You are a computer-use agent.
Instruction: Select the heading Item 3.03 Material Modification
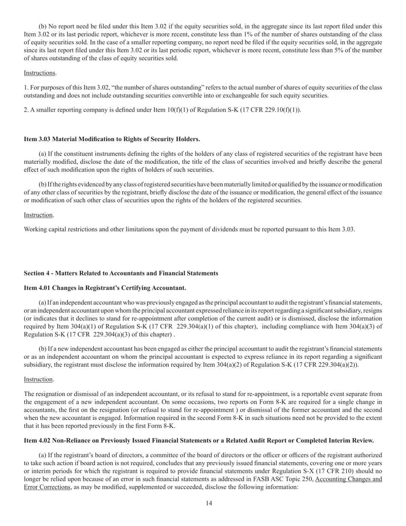pyautogui.click(x=112, y=139)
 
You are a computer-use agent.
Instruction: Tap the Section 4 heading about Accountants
pyautogui.click(x=121, y=273)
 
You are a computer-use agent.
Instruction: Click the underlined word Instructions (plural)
pyautogui.click(x=40, y=73)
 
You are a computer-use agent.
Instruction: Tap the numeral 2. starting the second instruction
pyautogui.click(x=26, y=110)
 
